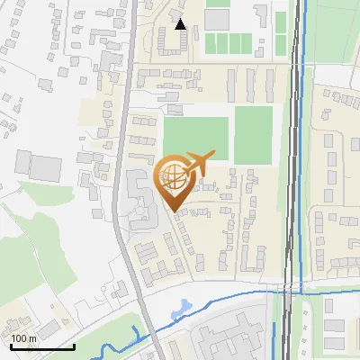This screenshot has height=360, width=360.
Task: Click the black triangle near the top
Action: click(181, 24)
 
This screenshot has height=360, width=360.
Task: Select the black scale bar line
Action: click(42, 347)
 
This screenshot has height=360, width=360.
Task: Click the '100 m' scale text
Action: click(23, 338)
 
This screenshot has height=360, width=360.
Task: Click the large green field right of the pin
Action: click(195, 138)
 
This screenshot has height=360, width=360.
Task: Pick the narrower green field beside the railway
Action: click(253, 135)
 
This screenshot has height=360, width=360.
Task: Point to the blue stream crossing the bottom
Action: click(225, 296)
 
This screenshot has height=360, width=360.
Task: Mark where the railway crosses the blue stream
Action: click(290, 290)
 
